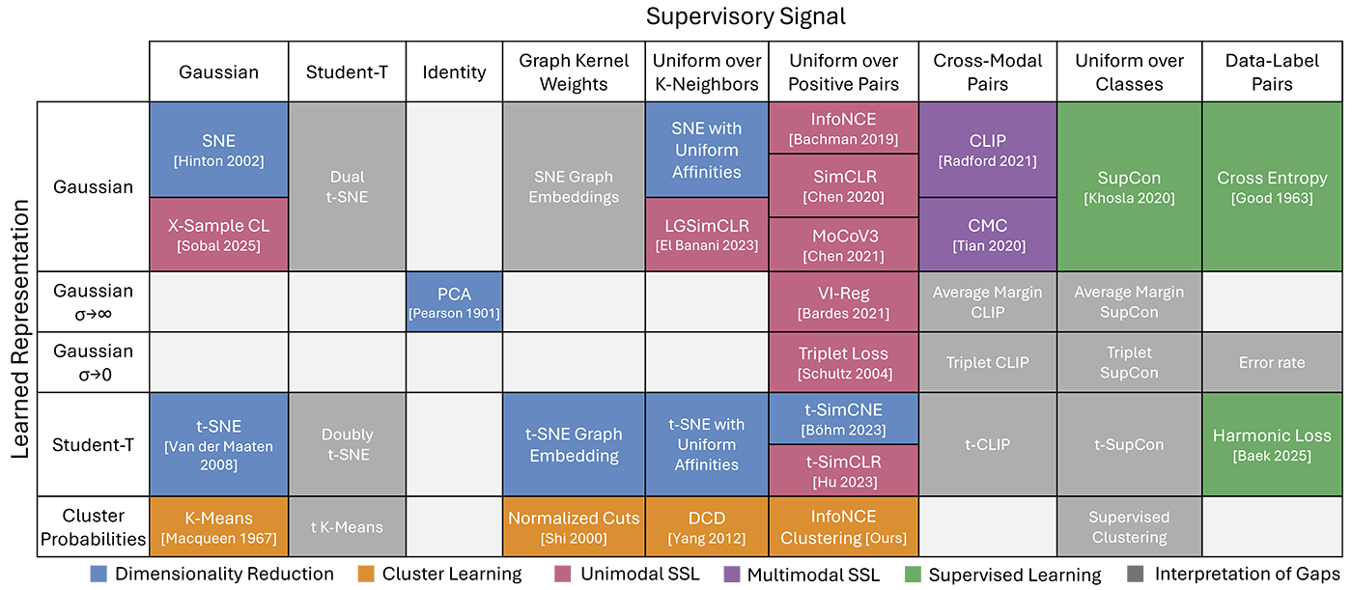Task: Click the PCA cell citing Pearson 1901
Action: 454,300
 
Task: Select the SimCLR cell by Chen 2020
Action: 843,188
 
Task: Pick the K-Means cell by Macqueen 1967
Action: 218,527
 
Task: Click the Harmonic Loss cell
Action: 1272,444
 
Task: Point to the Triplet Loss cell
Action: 843,362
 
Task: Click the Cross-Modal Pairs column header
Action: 988,71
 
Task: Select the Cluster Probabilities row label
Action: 93,527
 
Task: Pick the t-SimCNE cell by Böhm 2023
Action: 843,417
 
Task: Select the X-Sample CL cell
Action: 218,235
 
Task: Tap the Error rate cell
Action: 1272,362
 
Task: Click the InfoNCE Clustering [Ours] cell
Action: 843,527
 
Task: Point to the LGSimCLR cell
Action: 707,235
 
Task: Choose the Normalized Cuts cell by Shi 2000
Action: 575,527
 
